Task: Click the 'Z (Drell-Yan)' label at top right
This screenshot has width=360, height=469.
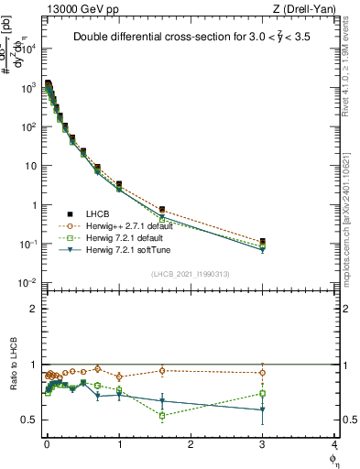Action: [x=304, y=8]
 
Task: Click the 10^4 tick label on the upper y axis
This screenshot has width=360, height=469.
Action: [x=29, y=49]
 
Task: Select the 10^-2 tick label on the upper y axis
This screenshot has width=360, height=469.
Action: [x=29, y=282]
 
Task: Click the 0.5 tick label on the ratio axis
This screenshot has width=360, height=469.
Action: [x=30, y=420]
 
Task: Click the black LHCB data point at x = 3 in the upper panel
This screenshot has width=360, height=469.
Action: [x=263, y=241]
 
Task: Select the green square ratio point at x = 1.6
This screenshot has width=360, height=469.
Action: [x=162, y=415]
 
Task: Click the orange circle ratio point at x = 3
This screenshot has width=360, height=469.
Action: [x=263, y=372]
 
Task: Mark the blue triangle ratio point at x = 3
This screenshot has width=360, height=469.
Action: [x=263, y=409]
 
